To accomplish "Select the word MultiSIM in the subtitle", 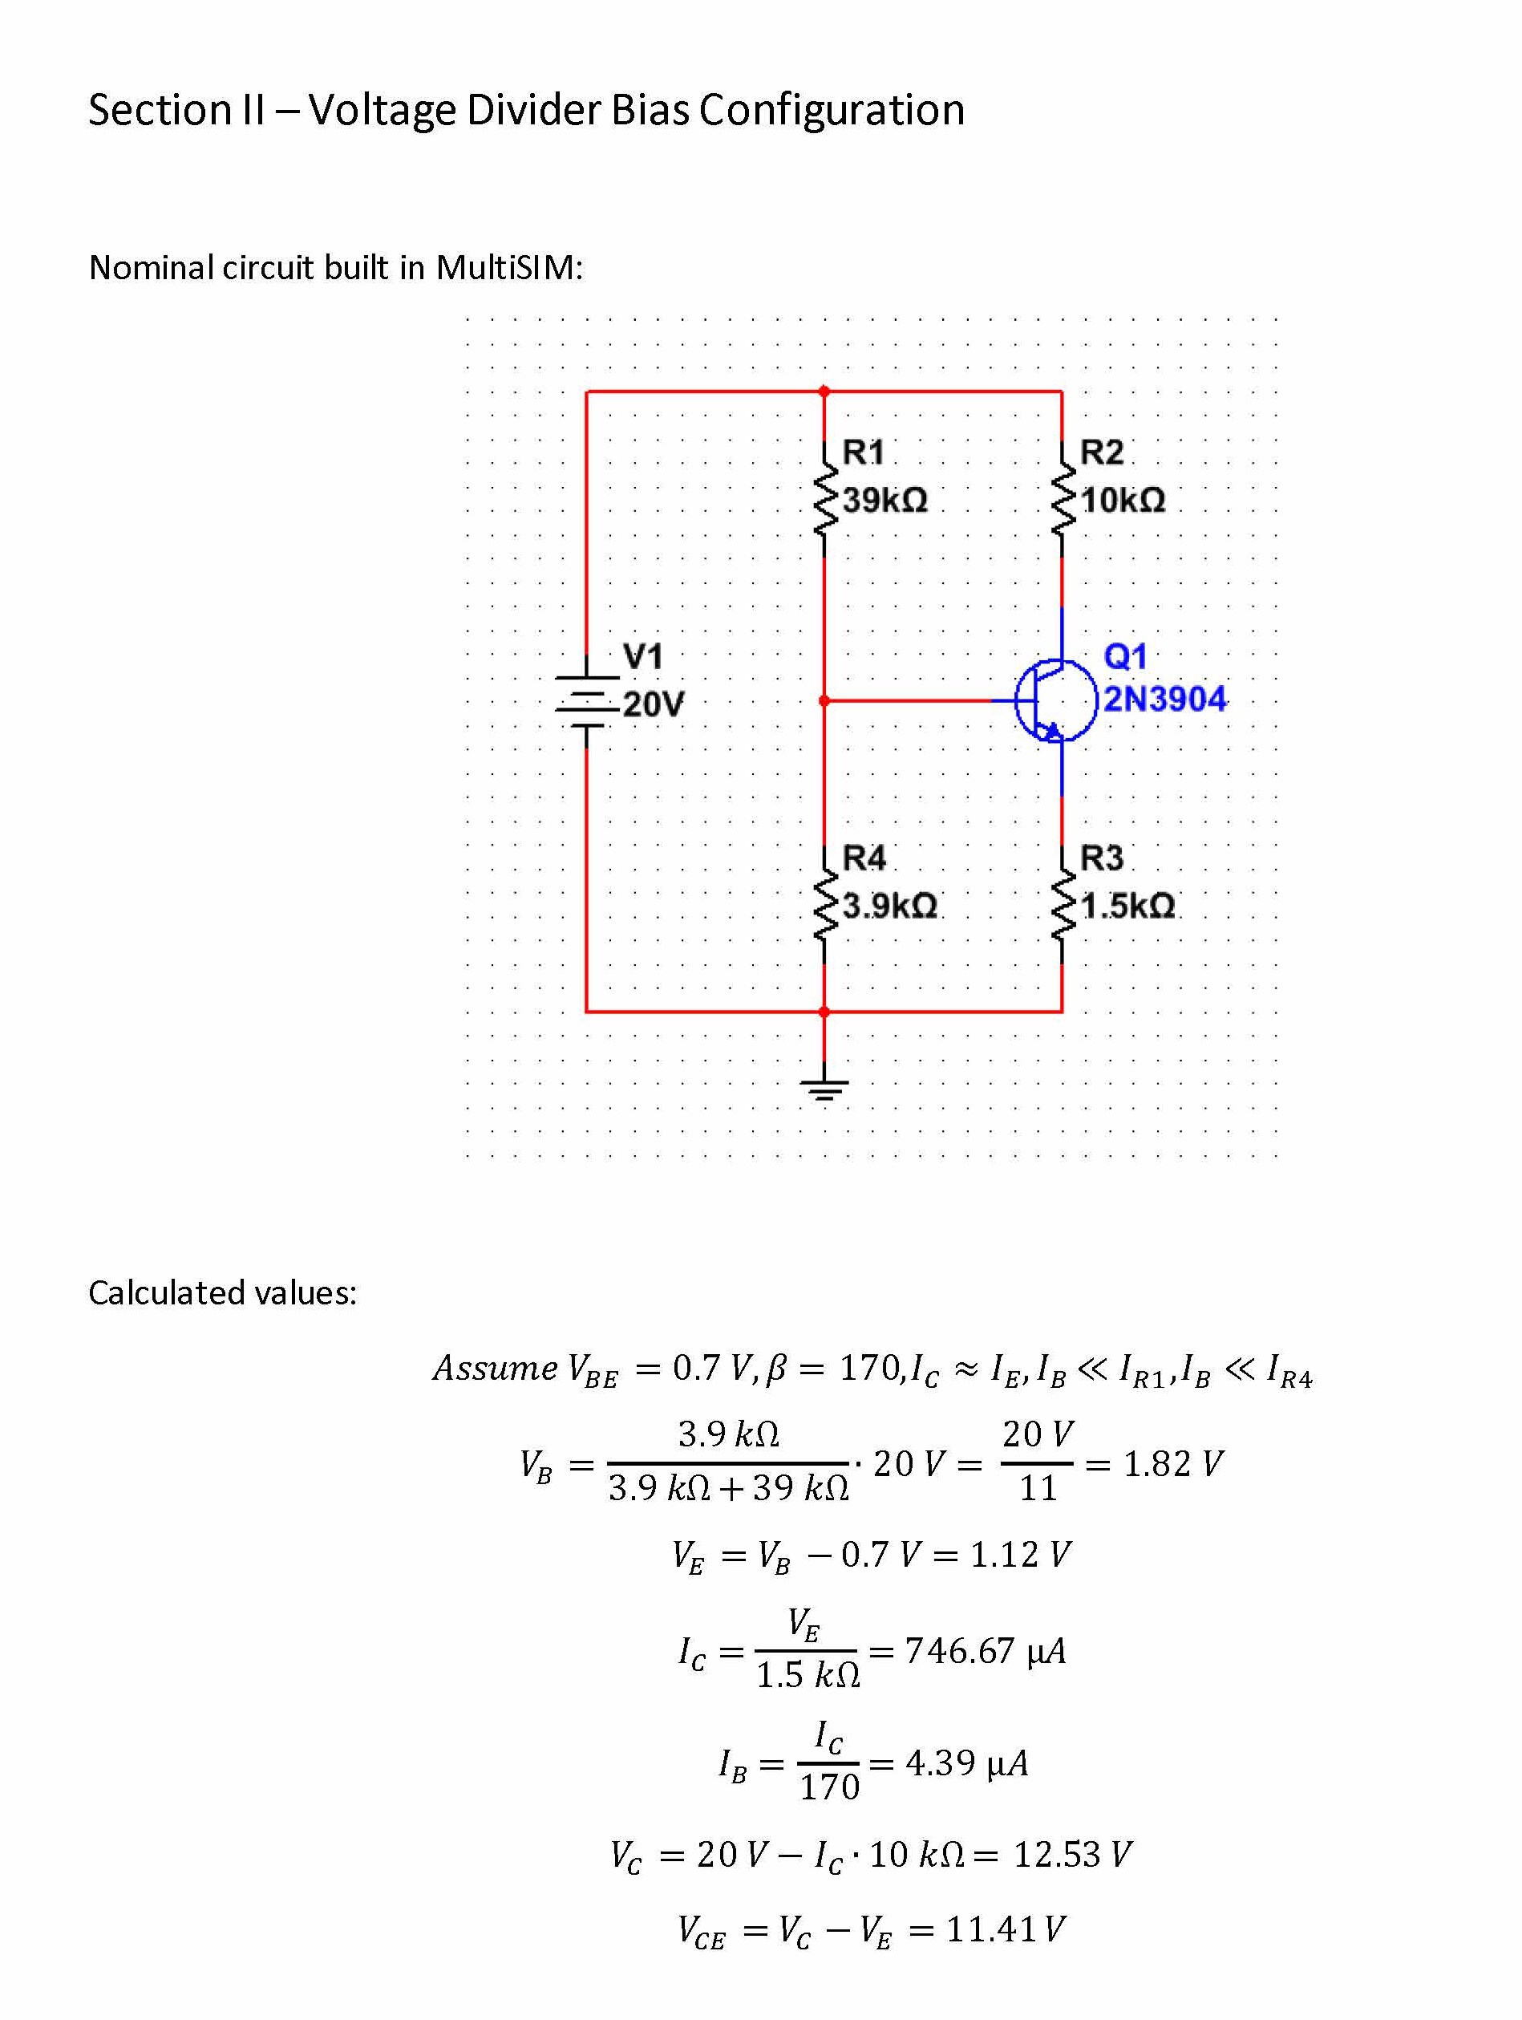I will [x=508, y=268].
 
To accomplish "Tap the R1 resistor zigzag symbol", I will [x=824, y=500].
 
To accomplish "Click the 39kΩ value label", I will [x=884, y=501].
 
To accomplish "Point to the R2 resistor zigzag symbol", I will [x=1062, y=500].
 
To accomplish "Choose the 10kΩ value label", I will [x=1122, y=501].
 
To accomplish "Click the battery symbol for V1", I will [x=586, y=701].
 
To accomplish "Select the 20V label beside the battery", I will [x=653, y=705].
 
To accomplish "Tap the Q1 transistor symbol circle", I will [x=1055, y=700].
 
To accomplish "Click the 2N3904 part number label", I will [x=1165, y=700].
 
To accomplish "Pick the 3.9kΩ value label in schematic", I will [x=889, y=906].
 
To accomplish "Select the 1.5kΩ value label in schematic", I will [x=1127, y=906].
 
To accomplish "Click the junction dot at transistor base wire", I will [x=824, y=700].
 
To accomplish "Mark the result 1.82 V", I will [x=1172, y=1464].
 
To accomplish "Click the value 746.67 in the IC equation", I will [x=959, y=1650].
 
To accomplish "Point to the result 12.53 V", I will [x=1072, y=1854].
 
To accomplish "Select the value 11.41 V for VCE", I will [x=1004, y=1929].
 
